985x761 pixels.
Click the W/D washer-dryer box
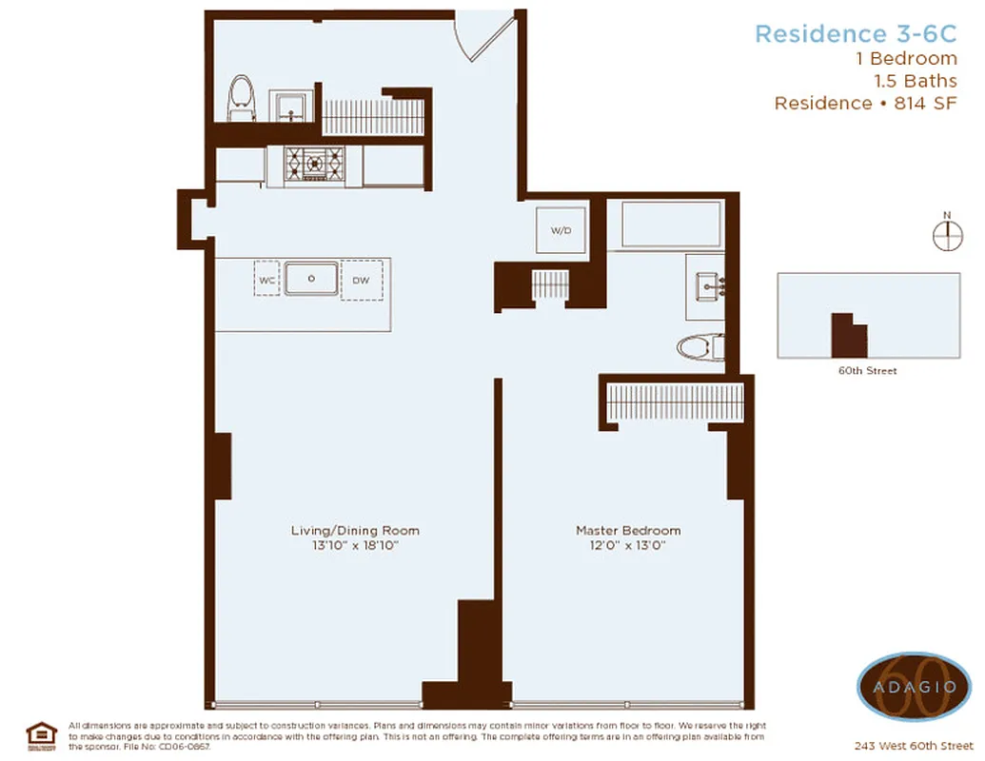point(561,230)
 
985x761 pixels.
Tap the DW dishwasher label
point(361,280)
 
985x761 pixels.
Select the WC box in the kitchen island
point(266,280)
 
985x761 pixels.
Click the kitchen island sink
point(312,279)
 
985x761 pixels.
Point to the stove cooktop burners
point(314,165)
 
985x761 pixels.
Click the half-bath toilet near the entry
point(242,99)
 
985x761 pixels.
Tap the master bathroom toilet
point(701,346)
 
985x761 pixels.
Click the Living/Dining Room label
point(355,531)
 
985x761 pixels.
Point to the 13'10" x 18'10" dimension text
point(355,546)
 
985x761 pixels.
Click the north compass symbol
point(948,235)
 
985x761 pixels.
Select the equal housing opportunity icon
point(42,735)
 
